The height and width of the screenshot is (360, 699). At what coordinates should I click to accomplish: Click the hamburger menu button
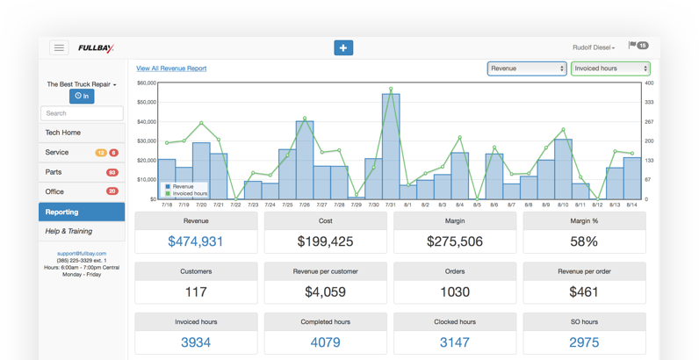pos(60,47)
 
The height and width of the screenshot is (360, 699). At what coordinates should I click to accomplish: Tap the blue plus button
pos(343,47)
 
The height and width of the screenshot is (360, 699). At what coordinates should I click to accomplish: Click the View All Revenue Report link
pos(171,68)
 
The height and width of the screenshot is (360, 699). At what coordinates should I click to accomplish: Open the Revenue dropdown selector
pos(527,68)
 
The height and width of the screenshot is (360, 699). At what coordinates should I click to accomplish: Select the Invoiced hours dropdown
pos(610,68)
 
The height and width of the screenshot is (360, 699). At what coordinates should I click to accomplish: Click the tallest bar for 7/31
pos(391,146)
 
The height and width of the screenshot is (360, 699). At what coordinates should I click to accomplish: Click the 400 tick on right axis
pos(650,83)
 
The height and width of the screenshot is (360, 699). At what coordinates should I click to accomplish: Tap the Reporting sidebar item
pos(82,212)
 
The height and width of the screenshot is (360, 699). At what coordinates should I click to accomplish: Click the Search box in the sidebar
pos(82,113)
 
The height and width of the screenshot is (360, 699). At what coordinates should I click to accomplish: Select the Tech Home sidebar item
pos(82,133)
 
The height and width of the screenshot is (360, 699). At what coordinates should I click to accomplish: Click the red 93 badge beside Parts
pos(112,172)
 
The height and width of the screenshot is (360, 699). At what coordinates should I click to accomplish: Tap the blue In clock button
pos(82,96)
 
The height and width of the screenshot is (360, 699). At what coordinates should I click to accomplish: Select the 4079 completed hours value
pos(326,342)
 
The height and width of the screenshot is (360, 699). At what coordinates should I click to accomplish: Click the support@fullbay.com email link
pos(81,253)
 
